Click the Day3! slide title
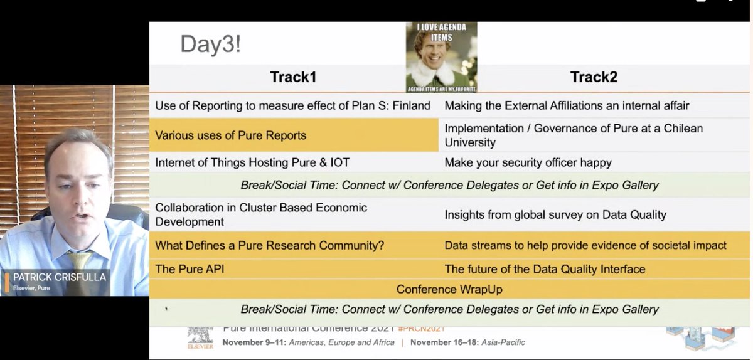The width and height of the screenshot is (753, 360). click(210, 45)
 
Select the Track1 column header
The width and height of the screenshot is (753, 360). click(293, 77)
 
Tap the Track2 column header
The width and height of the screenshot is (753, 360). click(594, 77)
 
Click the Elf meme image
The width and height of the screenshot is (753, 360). click(441, 57)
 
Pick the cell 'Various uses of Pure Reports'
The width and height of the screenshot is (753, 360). click(231, 135)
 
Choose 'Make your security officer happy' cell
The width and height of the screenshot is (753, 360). click(528, 162)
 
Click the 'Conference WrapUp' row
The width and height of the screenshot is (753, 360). click(449, 289)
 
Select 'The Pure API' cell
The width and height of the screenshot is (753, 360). click(190, 269)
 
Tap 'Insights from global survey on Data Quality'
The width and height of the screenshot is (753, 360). click(555, 214)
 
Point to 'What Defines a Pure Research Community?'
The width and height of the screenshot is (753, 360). click(270, 245)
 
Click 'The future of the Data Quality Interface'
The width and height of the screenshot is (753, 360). click(545, 269)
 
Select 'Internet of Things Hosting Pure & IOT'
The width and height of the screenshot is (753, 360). click(252, 162)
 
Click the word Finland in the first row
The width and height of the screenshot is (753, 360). click(411, 106)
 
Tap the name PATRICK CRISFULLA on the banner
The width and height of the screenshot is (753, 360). click(60, 277)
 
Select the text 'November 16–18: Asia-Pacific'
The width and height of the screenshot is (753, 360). click(467, 342)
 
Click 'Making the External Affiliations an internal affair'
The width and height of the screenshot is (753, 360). click(567, 106)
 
